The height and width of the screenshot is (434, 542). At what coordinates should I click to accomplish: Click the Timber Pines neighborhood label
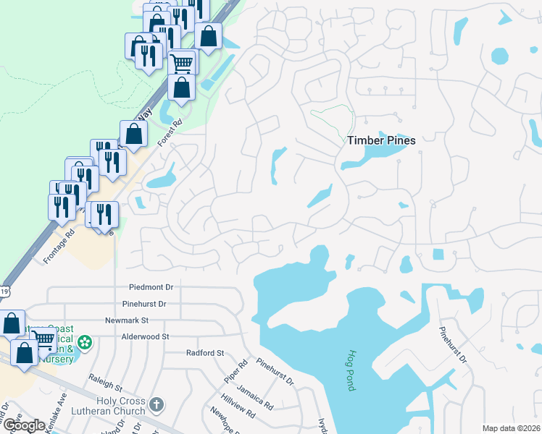click(381, 140)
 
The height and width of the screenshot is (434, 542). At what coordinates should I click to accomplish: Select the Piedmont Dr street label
click(151, 287)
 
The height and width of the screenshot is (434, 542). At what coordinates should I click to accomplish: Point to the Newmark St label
click(126, 320)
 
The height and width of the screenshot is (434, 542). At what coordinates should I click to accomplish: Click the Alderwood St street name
click(145, 336)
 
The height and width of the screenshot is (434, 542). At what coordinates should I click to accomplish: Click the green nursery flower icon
click(86, 341)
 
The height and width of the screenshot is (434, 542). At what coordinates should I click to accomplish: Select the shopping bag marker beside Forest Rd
click(134, 134)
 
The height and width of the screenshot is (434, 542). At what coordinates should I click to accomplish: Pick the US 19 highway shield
click(4, 292)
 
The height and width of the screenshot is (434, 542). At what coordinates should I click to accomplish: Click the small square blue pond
click(438, 255)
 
